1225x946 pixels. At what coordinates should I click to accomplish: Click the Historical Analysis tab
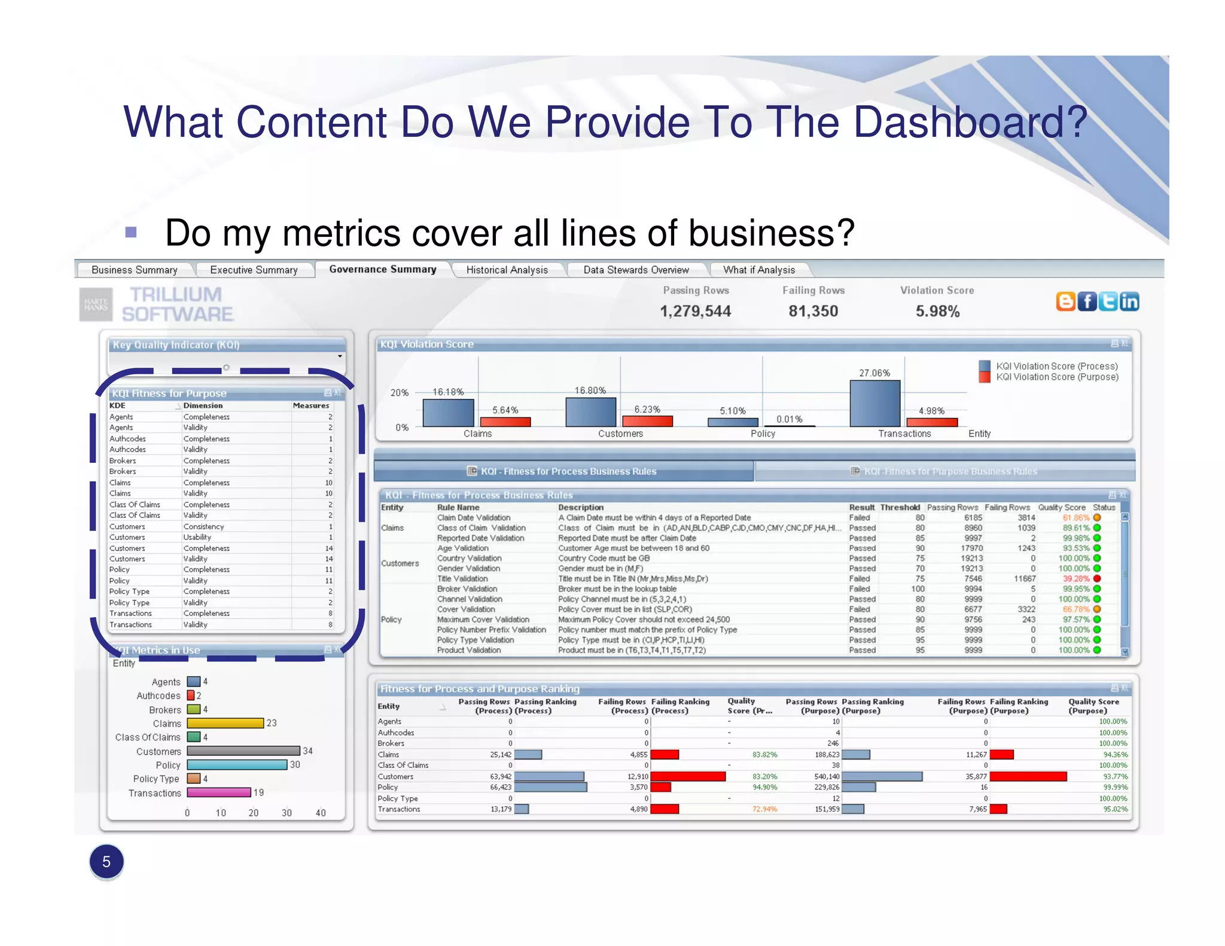[x=507, y=270]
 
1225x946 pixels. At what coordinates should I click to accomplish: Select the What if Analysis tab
[x=758, y=270]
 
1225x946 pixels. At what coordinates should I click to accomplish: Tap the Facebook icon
[x=1087, y=301]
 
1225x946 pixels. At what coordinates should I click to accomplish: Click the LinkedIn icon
[x=1129, y=301]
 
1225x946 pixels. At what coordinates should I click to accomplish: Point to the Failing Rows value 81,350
[x=813, y=311]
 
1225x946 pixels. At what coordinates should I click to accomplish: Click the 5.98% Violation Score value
[x=937, y=311]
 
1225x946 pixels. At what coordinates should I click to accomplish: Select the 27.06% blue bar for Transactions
[x=874, y=404]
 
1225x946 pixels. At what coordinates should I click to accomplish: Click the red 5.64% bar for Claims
[x=505, y=422]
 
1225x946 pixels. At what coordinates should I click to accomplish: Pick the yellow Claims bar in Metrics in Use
[x=226, y=723]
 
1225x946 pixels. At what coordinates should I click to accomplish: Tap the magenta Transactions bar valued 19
[x=219, y=792]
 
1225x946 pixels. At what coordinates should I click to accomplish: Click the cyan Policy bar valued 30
[x=237, y=765]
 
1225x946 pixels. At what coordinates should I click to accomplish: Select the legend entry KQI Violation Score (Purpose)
[x=1056, y=377]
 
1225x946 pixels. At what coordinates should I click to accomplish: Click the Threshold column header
[x=900, y=507]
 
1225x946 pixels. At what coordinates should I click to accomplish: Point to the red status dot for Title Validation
[x=1097, y=578]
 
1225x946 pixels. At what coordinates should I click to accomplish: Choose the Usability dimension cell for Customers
[x=197, y=537]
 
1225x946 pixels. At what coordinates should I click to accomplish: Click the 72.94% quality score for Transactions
[x=764, y=809]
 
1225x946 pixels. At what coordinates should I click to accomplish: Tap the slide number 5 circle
[x=106, y=862]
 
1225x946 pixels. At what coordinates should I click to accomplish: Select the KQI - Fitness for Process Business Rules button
[x=563, y=471]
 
